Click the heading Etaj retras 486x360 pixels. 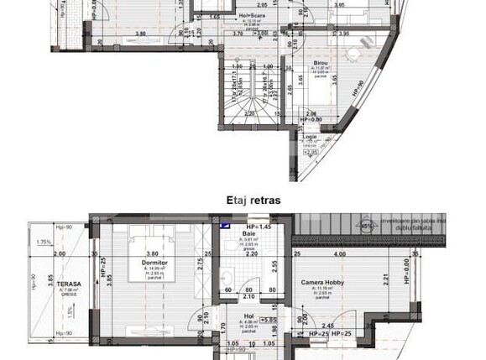[253, 201]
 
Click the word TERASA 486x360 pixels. [57, 284]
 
